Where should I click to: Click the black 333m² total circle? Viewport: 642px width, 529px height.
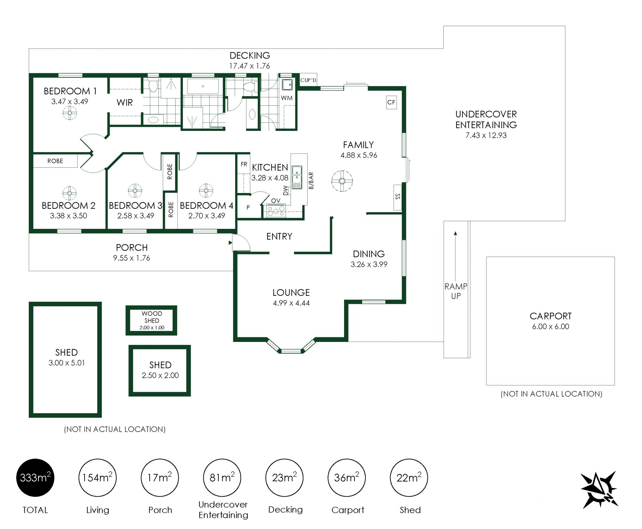pos(35,477)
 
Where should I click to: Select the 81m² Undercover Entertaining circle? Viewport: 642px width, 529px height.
pos(222,477)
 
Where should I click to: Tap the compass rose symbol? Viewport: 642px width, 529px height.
pos(599,490)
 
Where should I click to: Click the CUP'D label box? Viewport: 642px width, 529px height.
pos(308,80)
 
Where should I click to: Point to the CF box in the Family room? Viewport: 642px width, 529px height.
pos(391,102)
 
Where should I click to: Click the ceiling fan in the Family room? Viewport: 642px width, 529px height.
pos(342,181)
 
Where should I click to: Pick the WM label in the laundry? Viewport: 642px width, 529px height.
pos(287,98)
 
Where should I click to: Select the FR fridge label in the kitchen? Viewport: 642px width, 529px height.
pos(244,164)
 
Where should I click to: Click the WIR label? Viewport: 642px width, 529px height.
pos(125,102)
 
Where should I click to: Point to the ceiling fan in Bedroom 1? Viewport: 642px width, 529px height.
pos(70,113)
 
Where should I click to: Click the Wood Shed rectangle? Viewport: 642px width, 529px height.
pos(151,320)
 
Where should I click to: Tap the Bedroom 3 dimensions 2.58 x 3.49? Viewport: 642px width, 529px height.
pos(135,216)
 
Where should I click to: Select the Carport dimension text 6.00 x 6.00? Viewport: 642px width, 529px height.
pos(550,327)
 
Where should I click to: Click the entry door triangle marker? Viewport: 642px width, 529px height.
pos(230,243)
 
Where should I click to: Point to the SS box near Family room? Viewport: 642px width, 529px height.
pos(398,197)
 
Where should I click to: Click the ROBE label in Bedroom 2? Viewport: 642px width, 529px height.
pos(55,161)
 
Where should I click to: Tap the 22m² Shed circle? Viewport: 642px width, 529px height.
pos(409,477)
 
